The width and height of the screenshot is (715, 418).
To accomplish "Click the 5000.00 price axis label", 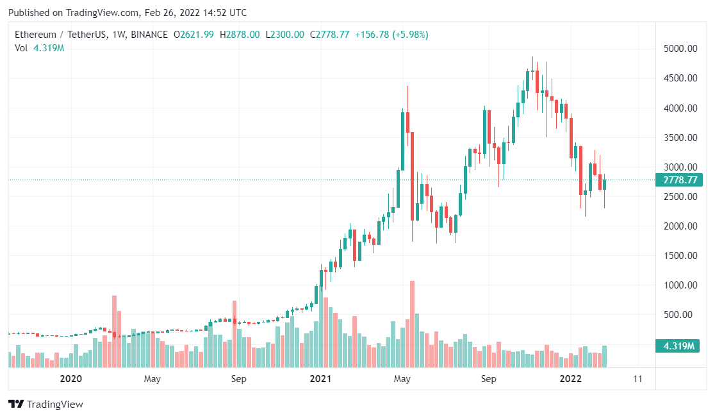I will [x=680, y=49].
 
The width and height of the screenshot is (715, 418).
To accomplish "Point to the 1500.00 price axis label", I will [x=680, y=256].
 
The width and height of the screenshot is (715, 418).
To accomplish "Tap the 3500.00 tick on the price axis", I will [x=680, y=138].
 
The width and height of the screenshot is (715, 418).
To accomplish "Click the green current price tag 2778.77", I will [x=679, y=180].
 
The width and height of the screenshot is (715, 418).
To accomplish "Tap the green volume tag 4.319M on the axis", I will [x=679, y=346].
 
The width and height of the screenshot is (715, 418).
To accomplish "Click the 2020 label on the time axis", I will [x=71, y=379].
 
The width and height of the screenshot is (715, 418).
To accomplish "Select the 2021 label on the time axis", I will [x=320, y=379].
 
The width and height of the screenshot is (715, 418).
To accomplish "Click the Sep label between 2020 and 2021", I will [x=238, y=379].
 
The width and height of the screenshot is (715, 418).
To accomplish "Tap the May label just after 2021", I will [x=402, y=379].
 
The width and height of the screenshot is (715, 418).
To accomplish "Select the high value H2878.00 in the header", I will [x=240, y=35].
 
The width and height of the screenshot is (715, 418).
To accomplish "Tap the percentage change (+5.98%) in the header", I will [x=406, y=35].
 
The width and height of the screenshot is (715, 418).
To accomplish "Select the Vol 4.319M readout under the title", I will [x=40, y=47].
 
